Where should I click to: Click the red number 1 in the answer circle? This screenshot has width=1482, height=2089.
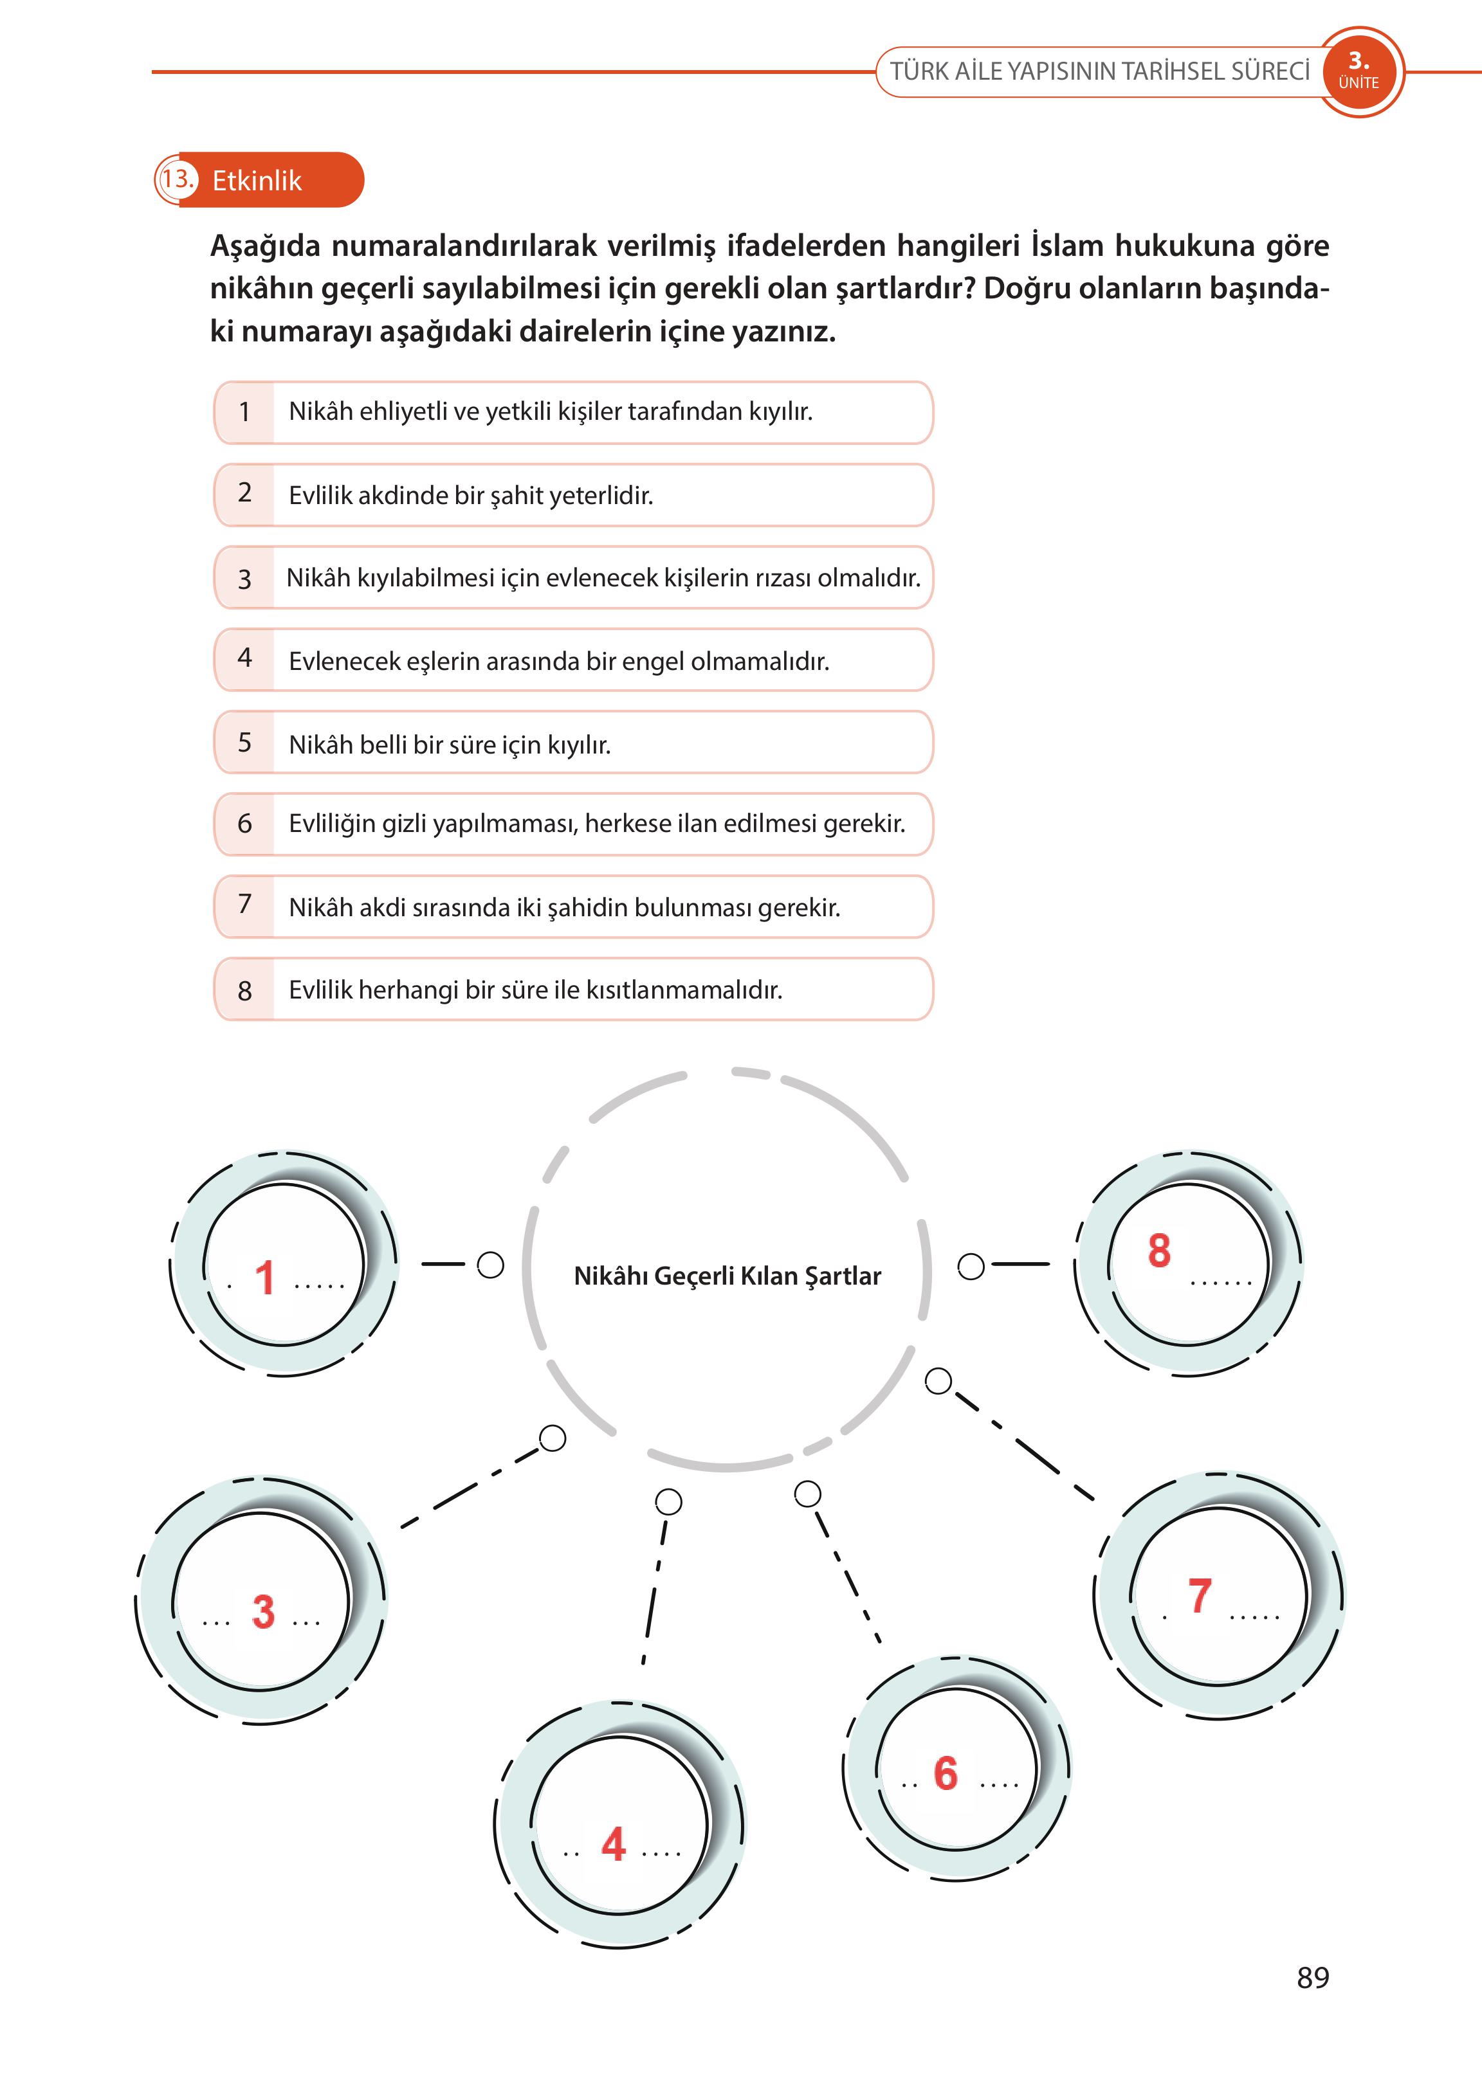(x=264, y=1277)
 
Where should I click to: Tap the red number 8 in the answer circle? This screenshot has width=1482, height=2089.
(x=1159, y=1251)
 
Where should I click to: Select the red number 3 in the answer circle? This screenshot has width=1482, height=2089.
(x=263, y=1611)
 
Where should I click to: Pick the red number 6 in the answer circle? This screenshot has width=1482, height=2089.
(x=946, y=1773)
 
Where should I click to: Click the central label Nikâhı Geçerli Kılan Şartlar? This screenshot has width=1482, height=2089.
(x=727, y=1275)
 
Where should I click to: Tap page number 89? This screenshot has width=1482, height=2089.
(x=1312, y=1978)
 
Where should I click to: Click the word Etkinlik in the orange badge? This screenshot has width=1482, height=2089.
(x=257, y=181)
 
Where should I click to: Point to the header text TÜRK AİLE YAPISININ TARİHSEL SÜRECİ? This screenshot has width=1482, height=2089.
(x=1100, y=71)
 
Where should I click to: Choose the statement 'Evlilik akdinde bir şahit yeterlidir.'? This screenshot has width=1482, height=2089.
(x=471, y=495)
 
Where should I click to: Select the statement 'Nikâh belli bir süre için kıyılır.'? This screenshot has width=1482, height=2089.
(x=450, y=745)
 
